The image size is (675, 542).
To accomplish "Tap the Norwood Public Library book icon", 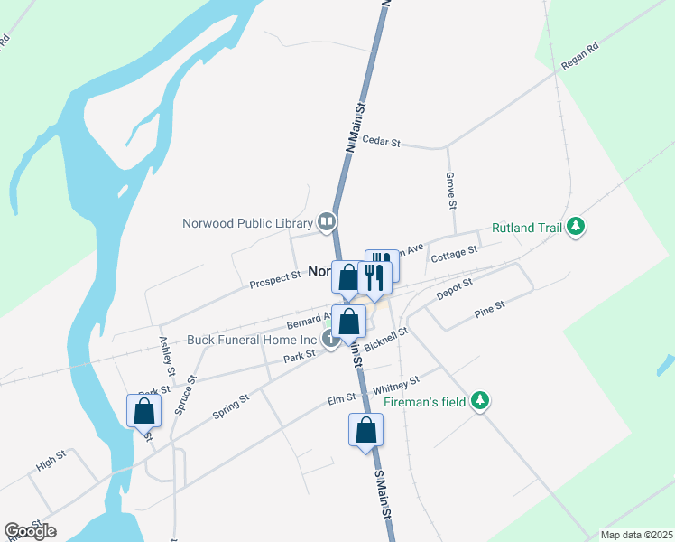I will point(327,221).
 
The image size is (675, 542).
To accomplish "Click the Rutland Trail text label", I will point(528,229).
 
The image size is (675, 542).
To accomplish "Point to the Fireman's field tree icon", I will point(481,400).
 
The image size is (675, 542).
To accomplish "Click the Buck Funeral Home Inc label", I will point(253,341).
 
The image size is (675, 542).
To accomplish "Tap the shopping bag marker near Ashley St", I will point(143,411).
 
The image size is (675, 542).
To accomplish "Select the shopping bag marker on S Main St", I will point(365,429).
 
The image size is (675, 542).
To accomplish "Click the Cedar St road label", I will point(380,140).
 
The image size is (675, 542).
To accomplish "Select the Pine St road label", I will point(489,312).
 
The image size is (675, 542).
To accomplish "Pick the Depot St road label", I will point(454,290).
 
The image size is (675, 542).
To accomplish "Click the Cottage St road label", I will point(454,256).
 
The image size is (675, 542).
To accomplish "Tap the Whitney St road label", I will point(402,386).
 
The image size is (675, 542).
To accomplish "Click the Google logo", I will point(30,531).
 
